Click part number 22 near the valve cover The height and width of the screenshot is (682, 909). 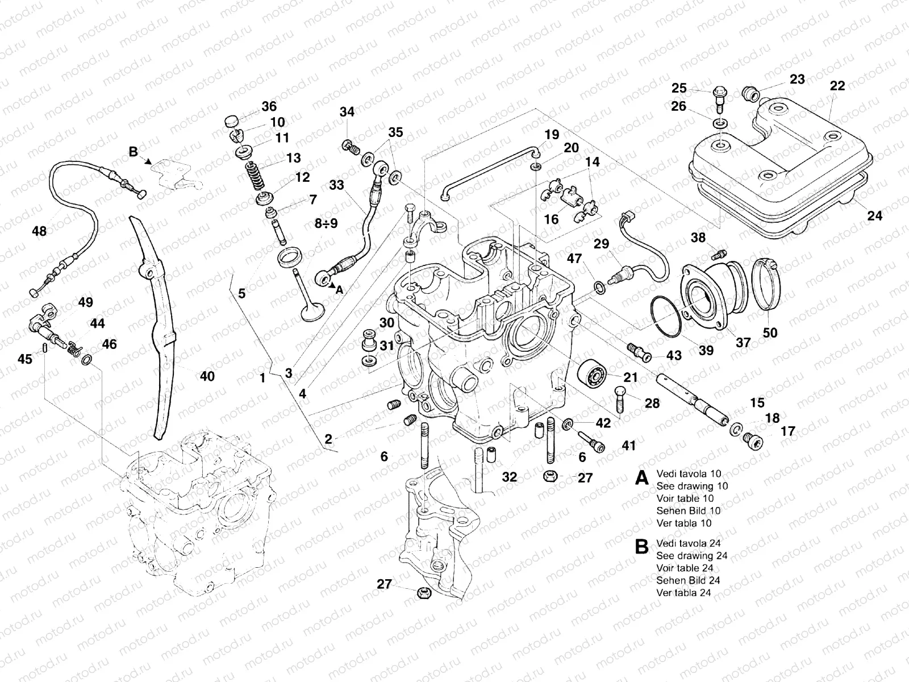[837, 86]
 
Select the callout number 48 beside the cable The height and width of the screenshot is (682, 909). [39, 231]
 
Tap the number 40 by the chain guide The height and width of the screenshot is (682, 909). [207, 376]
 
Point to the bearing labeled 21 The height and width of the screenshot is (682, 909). [593, 373]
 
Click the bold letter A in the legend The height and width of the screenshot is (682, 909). [641, 478]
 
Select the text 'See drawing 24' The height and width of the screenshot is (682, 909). [691, 555]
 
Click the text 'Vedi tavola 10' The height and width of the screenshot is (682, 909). [688, 473]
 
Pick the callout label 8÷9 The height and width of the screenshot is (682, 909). [327, 224]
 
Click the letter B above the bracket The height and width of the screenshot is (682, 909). [133, 152]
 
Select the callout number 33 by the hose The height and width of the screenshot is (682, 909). [336, 186]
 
